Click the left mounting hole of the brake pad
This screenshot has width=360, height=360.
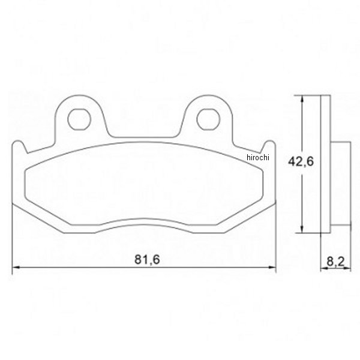tap(79, 118)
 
